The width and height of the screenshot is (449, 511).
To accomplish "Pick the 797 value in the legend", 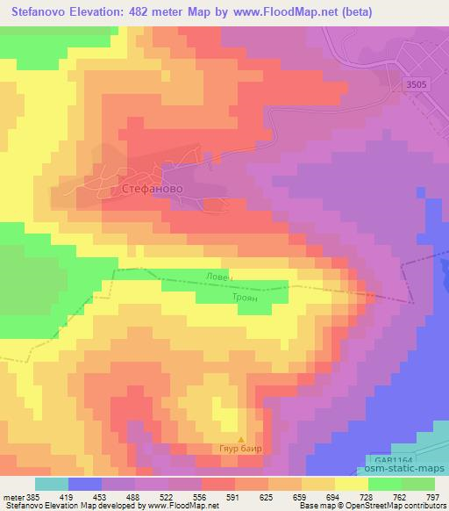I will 434,496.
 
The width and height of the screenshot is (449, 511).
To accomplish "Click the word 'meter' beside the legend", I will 11,496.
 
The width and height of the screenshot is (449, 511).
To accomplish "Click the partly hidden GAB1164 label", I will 386,457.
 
